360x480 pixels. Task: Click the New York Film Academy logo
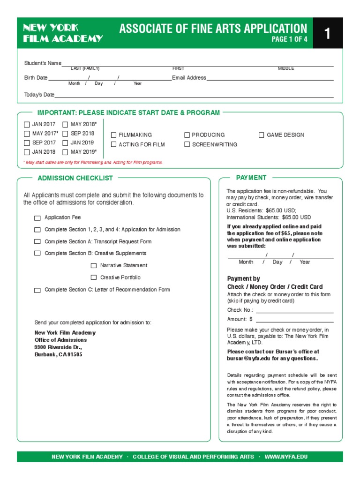pos(63,33)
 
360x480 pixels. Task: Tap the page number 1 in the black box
pos(328,33)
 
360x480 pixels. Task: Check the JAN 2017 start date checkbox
pos(27,125)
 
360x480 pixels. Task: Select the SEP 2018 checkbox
pos(65,134)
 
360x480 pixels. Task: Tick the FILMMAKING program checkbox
pos(113,135)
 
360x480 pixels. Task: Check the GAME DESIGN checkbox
pos(262,135)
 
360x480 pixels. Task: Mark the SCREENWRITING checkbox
pos(187,145)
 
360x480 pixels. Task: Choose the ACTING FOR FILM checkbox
pos(113,145)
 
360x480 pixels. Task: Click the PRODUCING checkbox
pos(187,135)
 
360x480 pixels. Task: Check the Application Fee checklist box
pos(37,218)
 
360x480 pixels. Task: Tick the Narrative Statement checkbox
pos(94,266)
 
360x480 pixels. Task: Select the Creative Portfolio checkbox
pos(94,277)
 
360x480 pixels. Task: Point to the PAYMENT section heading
pos(251,178)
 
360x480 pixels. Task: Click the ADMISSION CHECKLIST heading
pos(75,178)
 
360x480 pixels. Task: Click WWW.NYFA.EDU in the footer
pos(286,457)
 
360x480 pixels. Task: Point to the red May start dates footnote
pos(93,162)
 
